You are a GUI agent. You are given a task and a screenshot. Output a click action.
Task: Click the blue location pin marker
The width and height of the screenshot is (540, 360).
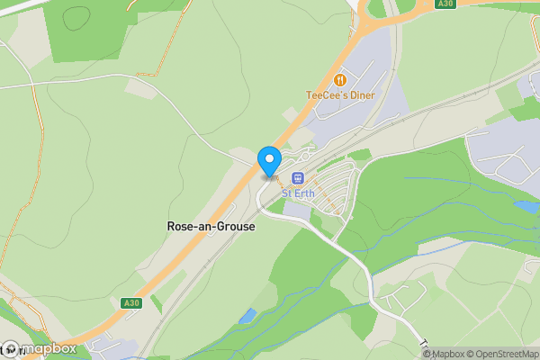point(269,161)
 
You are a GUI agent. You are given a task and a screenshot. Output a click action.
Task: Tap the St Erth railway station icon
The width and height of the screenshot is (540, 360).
point(298,178)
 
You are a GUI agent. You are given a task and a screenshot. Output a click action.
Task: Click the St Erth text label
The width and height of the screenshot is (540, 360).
point(297,193)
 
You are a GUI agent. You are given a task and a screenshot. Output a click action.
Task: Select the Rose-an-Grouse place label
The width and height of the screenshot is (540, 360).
point(211,227)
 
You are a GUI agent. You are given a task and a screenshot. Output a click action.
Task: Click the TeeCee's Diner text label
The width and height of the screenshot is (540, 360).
point(340,95)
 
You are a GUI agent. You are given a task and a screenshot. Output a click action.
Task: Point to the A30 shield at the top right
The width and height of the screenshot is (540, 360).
point(444,4)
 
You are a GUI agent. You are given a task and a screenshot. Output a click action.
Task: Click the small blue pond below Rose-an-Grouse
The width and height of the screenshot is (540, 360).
point(247,316)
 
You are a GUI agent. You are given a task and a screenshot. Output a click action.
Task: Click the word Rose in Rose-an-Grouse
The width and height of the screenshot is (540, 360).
point(180,227)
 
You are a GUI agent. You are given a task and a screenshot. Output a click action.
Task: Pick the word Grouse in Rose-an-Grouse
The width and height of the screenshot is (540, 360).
point(236,227)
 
